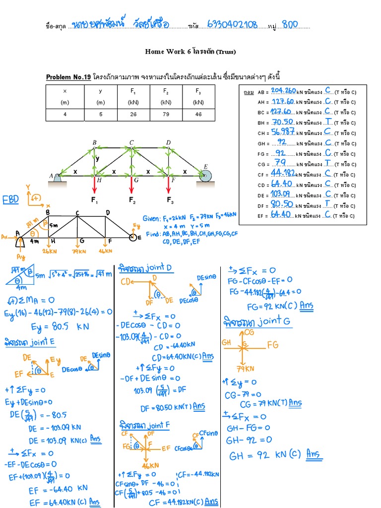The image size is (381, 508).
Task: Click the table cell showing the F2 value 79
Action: tap(166, 115)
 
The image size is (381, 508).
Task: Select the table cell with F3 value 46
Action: tap(198, 115)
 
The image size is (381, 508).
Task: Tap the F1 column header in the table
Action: tap(133, 91)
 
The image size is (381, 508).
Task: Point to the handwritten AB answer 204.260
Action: tap(284, 91)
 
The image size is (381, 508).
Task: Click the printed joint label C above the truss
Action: tap(131, 143)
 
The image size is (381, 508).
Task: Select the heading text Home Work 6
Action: tap(168, 52)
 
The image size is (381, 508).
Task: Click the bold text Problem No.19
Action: tap(68, 77)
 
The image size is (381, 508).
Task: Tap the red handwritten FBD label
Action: tap(10, 199)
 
